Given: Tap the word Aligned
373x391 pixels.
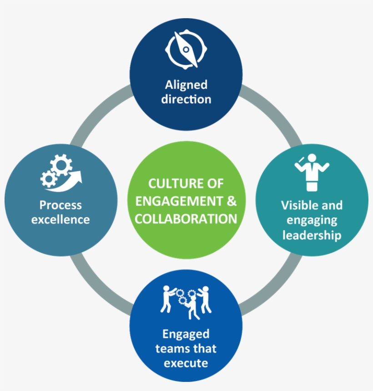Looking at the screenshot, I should click(186, 85).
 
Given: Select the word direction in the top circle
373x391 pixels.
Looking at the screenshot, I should click(186, 99).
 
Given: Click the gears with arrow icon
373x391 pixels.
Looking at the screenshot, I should click(60, 172).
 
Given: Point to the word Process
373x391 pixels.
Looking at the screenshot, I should click(60, 205).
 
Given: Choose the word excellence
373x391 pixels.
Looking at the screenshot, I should click(60, 220).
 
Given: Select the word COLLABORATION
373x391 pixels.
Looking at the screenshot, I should click(186, 219).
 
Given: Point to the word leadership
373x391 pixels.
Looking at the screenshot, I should click(312, 235).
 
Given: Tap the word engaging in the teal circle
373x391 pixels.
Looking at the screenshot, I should click(312, 221).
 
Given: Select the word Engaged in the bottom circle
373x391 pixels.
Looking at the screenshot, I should click(186, 334).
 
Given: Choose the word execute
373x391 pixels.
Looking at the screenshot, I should click(186, 363).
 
